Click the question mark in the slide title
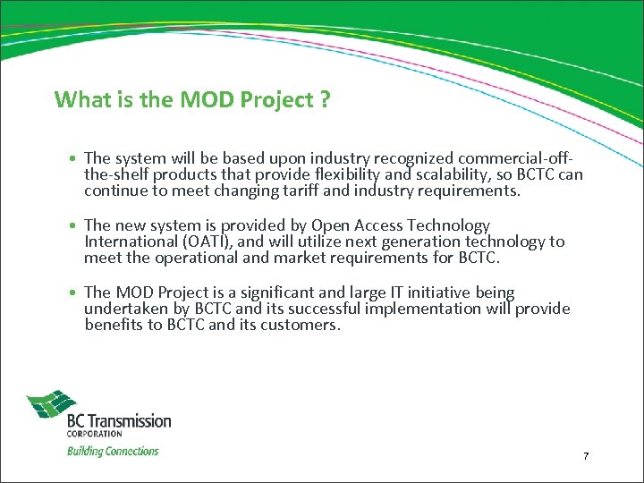coord(325,99)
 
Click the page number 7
coord(586,456)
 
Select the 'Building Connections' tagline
coord(113,451)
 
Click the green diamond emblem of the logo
coord(51,405)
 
